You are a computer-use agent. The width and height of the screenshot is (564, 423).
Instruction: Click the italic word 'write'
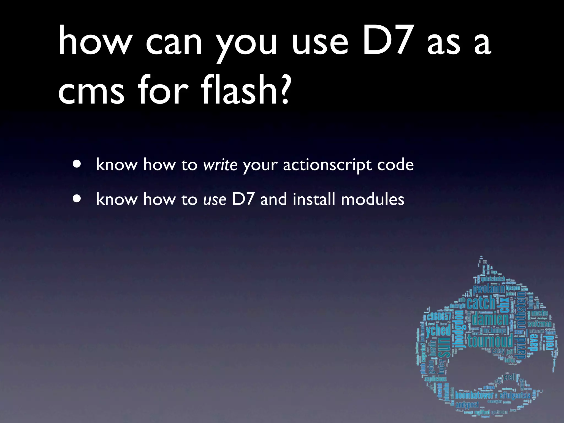pos(220,165)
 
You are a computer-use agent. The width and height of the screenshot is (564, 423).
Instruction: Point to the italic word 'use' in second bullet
pos(215,199)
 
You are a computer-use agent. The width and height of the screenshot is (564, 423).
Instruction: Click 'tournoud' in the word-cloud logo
pos(490,341)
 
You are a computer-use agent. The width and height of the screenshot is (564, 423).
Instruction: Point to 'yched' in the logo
pos(438,330)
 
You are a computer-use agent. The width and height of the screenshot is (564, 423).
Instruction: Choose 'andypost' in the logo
pos(467,405)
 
